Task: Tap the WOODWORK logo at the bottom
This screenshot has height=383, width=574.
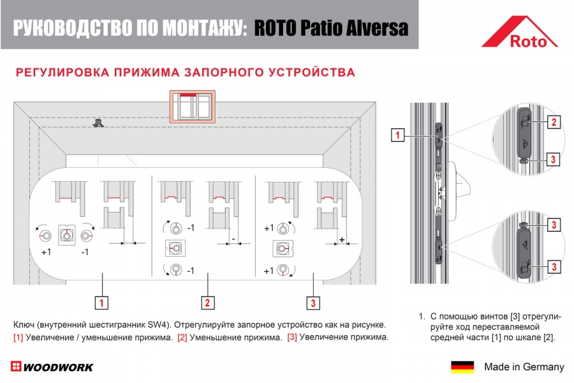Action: pyautogui.click(x=52, y=366)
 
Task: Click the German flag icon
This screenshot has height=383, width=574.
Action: pyautogui.click(x=462, y=366)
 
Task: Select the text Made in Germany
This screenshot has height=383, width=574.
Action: pyautogui.click(x=524, y=366)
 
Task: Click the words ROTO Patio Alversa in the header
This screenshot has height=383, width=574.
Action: pyautogui.click(x=331, y=28)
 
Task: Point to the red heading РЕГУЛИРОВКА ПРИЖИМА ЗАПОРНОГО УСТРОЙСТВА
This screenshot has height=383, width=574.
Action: pyautogui.click(x=186, y=72)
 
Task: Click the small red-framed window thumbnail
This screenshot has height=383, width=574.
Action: pyautogui.click(x=192, y=107)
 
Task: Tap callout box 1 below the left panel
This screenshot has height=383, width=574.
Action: pyautogui.click(x=101, y=303)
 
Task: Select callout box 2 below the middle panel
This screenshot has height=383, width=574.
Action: pyautogui.click(x=207, y=303)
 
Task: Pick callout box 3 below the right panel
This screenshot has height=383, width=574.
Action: pyautogui.click(x=313, y=303)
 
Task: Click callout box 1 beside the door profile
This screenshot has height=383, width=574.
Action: pyautogui.click(x=397, y=135)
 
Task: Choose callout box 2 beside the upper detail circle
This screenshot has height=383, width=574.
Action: pyautogui.click(x=554, y=122)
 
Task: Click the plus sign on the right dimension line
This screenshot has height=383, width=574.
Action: pyautogui.click(x=342, y=240)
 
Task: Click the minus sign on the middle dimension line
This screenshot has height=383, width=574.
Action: pyautogui.click(x=233, y=239)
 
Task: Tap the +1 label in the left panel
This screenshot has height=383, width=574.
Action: pyautogui.click(x=46, y=252)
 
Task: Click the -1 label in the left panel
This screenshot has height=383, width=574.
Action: pyautogui.click(x=85, y=252)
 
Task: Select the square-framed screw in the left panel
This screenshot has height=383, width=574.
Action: pyautogui.click(x=66, y=235)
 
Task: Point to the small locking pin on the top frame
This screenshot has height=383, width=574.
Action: pyautogui.click(x=98, y=123)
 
